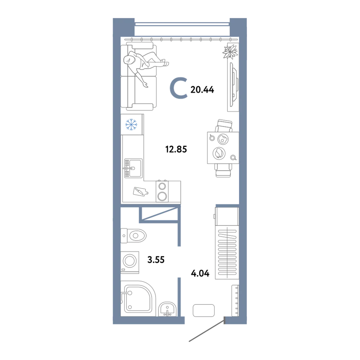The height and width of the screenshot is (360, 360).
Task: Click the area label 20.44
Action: [x=202, y=90]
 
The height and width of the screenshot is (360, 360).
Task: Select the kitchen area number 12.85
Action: [x=176, y=149]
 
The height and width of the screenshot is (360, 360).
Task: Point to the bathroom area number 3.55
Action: [x=156, y=260]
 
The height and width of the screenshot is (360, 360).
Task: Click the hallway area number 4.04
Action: [x=200, y=274]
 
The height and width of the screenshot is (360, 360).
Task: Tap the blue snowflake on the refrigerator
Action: [x=131, y=125]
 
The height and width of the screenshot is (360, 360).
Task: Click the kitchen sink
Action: [x=134, y=168]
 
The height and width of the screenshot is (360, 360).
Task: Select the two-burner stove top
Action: [x=162, y=191]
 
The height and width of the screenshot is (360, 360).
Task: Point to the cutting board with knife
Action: [x=140, y=192]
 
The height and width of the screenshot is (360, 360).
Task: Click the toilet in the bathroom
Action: [x=134, y=235]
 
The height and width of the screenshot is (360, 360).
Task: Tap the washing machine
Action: [x=130, y=262]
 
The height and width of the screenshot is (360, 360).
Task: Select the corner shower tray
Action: [x=138, y=298]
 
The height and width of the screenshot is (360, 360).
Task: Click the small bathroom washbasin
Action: [x=168, y=309]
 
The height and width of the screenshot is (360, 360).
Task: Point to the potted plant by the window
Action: [x=230, y=52]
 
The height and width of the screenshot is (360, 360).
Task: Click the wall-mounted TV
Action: [x=234, y=85]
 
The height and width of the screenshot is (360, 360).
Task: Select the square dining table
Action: [x=223, y=148]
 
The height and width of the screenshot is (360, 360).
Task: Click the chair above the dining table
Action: [x=224, y=126]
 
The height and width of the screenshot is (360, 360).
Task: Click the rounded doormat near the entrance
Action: [x=204, y=310]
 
